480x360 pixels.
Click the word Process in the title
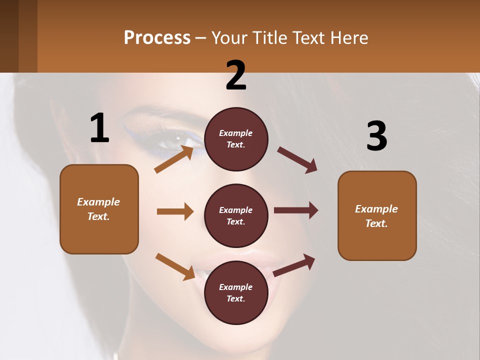tap(157, 38)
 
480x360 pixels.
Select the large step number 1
tap(99, 128)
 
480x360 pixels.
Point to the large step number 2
tap(236, 75)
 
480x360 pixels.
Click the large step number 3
tap(376, 136)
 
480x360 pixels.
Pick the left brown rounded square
tap(99, 209)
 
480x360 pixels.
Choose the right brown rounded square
tap(377, 216)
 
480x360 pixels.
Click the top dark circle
tap(236, 139)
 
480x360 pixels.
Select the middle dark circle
tap(236, 215)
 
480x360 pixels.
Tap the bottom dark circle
tap(236, 292)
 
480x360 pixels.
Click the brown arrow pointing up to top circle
tap(174, 159)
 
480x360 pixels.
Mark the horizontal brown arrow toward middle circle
tap(175, 211)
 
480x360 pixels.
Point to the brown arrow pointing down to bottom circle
tap(175, 266)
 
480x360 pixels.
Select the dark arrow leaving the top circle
tap(297, 160)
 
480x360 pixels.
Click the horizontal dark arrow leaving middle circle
tap(296, 210)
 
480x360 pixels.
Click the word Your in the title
tap(228, 38)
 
